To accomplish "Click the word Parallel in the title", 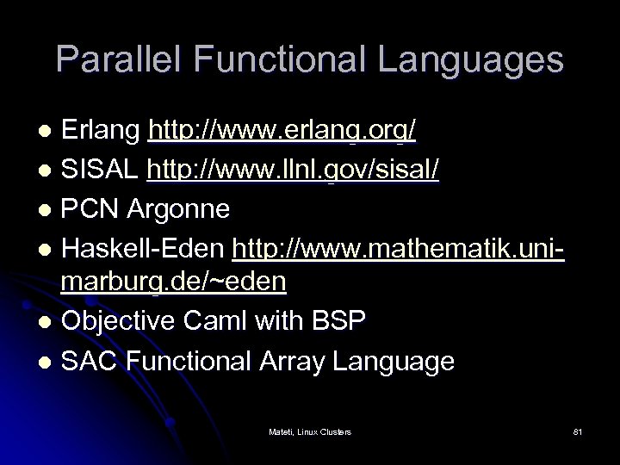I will (120, 59).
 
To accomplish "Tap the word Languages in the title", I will (473, 59).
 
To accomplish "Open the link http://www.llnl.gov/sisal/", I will (294, 170).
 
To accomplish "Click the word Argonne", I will (180, 208).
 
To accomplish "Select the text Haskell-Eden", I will (143, 246).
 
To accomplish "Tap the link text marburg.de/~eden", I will (173, 282).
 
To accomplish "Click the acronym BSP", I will (339, 322).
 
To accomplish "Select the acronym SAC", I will (89, 361).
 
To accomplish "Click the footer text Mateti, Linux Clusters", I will (310, 431).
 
